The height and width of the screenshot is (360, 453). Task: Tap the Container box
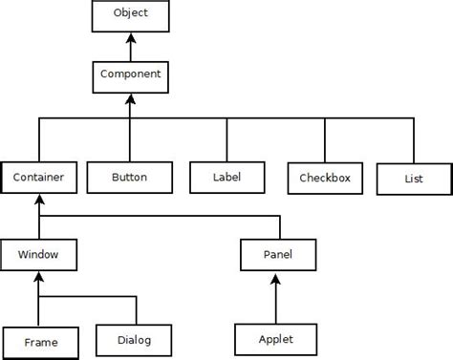click(38, 177)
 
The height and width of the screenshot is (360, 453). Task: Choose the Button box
click(128, 177)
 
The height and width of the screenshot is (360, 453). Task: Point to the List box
click(412, 179)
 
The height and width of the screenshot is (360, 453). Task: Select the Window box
click(38, 256)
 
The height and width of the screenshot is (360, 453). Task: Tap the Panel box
click(276, 256)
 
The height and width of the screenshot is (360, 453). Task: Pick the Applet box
click(275, 339)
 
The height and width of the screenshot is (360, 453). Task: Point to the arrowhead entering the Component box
click(130, 98)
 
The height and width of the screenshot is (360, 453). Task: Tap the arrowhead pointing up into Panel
click(276, 279)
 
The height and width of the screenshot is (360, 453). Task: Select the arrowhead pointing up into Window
click(38, 279)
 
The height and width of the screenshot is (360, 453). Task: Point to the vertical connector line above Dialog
click(136, 310)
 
